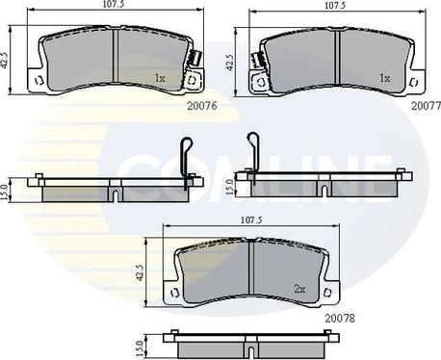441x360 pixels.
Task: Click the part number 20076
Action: (202, 106)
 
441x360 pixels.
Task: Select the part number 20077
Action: (427, 106)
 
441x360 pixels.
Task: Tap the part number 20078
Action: (340, 319)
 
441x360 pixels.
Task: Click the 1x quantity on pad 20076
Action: (160, 78)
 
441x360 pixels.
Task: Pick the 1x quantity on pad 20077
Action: (384, 78)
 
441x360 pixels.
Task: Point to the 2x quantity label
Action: (299, 289)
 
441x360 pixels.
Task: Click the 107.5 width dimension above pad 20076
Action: (112, 4)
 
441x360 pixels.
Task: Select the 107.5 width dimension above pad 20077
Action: (335, 6)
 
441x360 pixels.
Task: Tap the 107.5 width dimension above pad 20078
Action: (251, 220)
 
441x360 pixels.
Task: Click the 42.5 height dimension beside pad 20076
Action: (4, 60)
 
